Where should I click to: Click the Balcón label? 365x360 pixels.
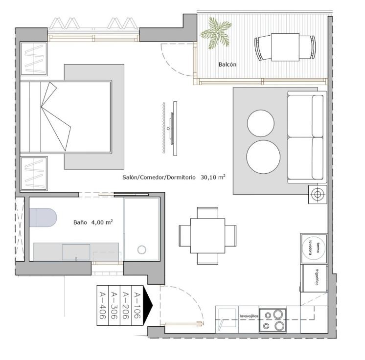(x=227, y=65)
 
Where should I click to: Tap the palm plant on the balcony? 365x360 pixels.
(x=216, y=33)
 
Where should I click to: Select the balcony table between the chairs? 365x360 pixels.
(x=285, y=47)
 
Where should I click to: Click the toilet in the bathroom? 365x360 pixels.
(x=43, y=218)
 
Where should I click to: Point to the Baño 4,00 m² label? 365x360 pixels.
(x=93, y=222)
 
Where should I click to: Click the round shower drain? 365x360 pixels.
(x=141, y=249)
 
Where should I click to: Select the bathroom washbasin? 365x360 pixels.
(x=76, y=252)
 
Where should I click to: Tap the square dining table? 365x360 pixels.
(x=207, y=236)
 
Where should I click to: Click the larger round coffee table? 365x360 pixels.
(x=263, y=157)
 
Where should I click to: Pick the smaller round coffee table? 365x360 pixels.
(x=261, y=123)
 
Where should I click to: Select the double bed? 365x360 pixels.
(x=66, y=117)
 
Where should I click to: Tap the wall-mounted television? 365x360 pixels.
(x=173, y=129)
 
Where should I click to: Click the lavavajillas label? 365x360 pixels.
(x=249, y=316)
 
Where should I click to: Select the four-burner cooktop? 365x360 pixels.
(x=273, y=320)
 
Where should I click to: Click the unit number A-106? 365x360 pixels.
(x=137, y=306)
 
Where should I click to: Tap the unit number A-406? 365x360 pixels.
(x=103, y=305)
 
